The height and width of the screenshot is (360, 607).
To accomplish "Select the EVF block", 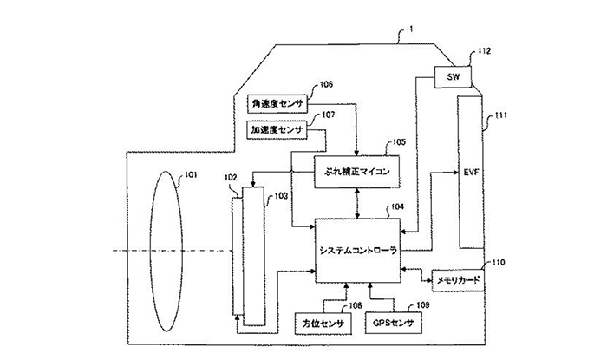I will tap(472, 172).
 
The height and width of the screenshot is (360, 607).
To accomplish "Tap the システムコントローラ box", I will tap(356, 249).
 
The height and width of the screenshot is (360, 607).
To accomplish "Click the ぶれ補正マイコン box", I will tap(356, 172).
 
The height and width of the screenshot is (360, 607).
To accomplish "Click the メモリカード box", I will tap(454, 281).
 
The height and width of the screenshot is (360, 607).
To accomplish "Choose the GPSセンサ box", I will tap(393, 324).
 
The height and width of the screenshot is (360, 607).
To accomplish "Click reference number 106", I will tap(325, 85).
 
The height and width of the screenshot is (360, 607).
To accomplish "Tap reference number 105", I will tap(398, 141).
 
